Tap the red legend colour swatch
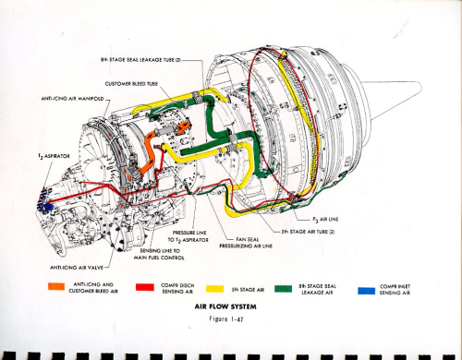point(146,288)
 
